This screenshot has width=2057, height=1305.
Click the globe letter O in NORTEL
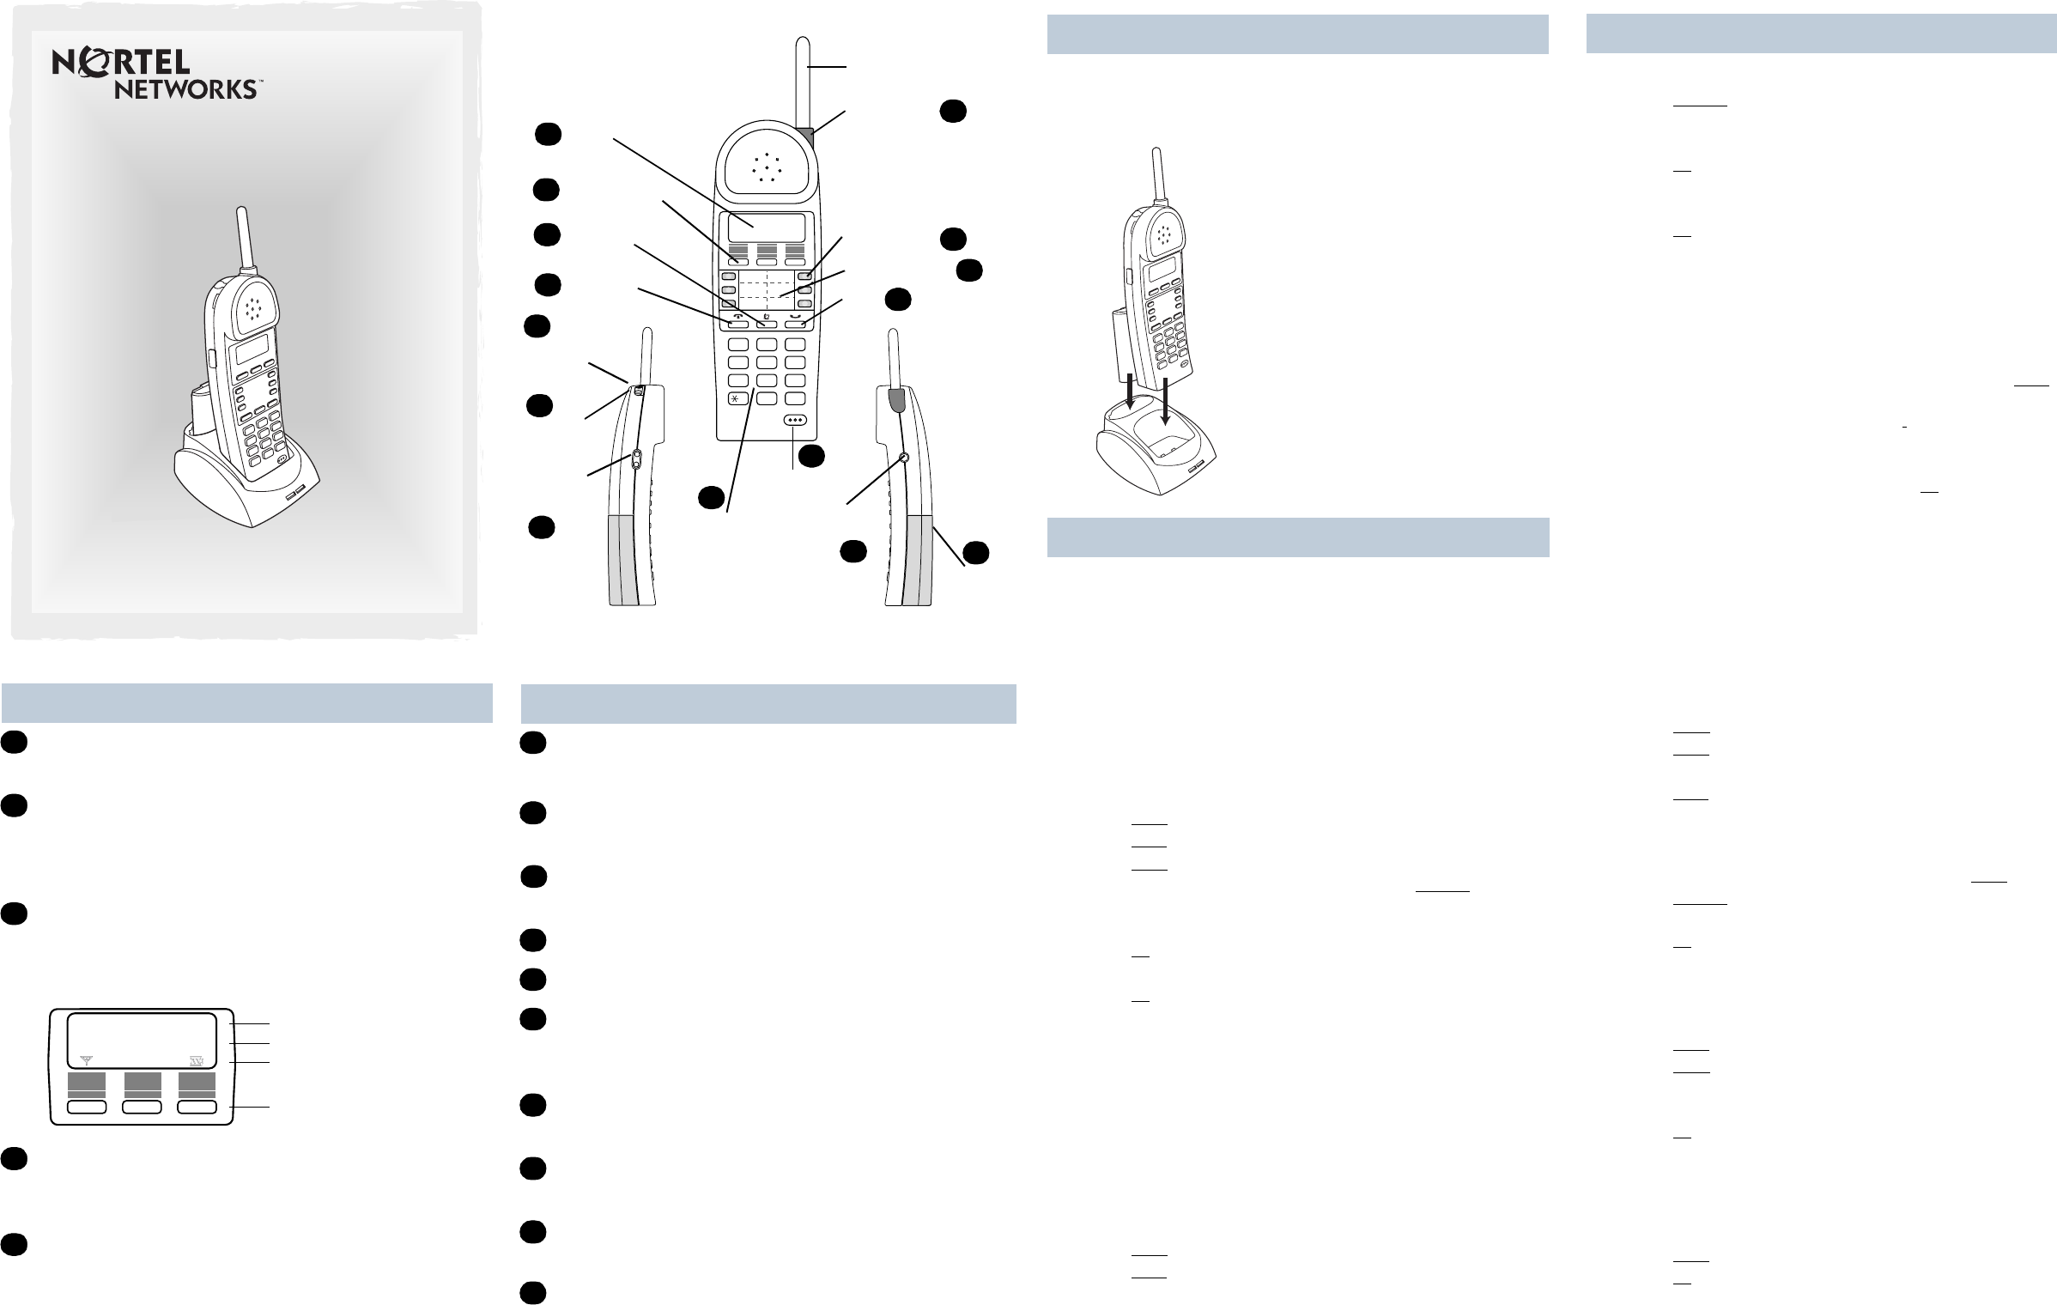pyautogui.click(x=92, y=62)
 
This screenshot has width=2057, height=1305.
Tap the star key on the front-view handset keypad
pyautogui.click(x=737, y=399)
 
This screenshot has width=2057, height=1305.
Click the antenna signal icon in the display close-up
pyautogui.click(x=86, y=1061)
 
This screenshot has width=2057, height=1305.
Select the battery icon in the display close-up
pyautogui.click(x=197, y=1061)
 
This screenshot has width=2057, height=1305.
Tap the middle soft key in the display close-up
pyautogui.click(x=143, y=1108)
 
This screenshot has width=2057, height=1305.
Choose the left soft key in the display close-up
pyautogui.click(x=87, y=1108)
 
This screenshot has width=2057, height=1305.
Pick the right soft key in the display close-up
pyautogui.click(x=197, y=1108)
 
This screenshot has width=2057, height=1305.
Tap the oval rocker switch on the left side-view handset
pyautogui.click(x=635, y=460)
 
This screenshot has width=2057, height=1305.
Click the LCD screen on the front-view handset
pyautogui.click(x=767, y=228)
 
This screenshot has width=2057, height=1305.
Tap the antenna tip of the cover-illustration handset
pyautogui.click(x=244, y=209)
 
